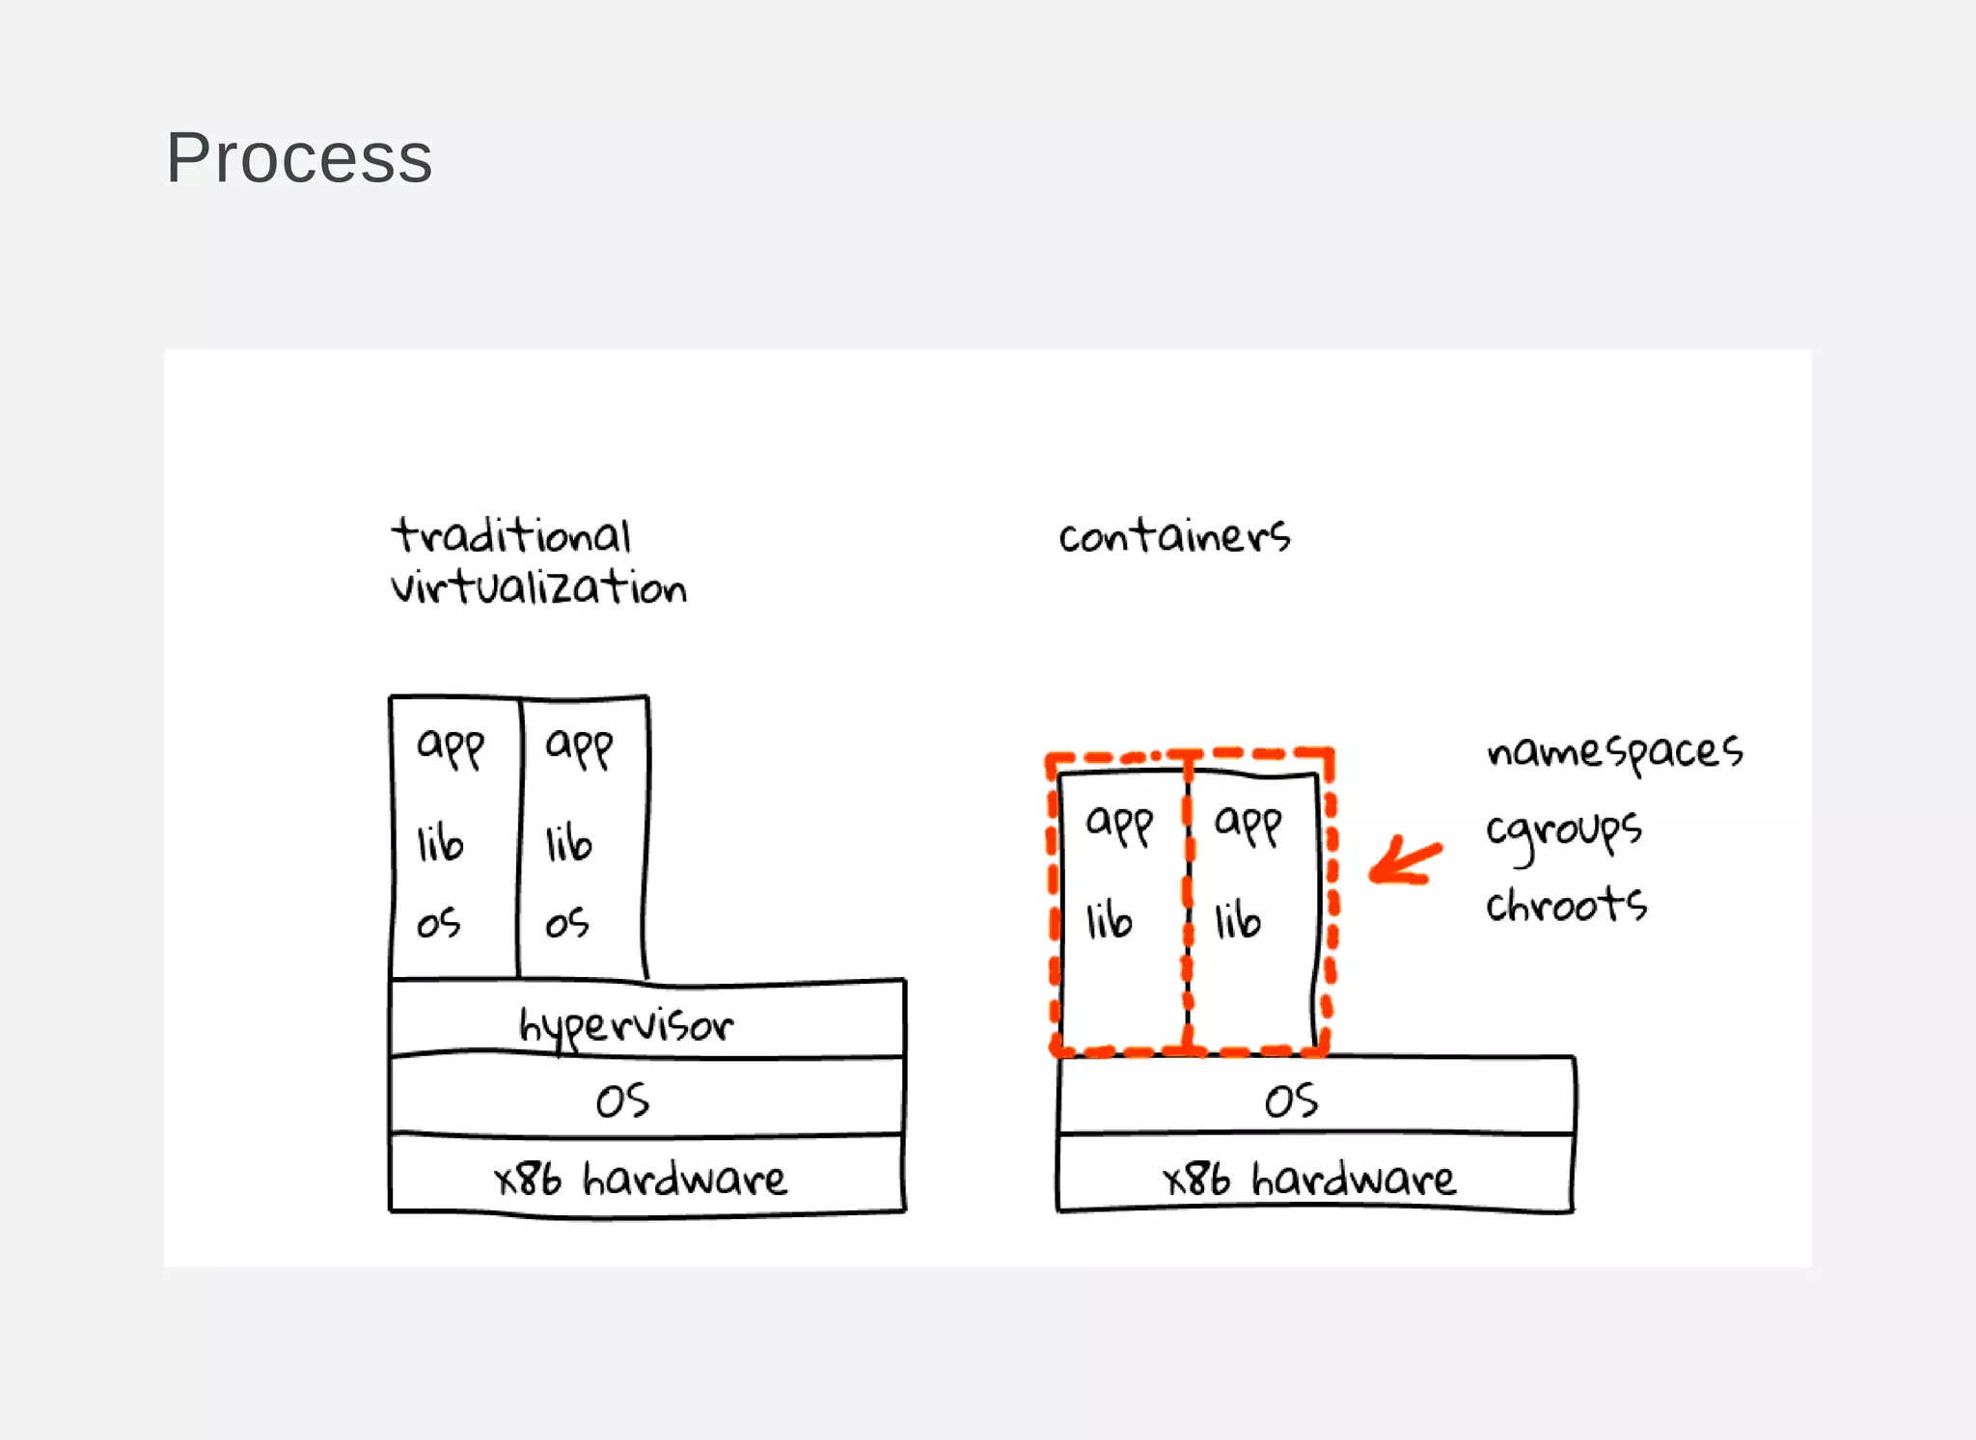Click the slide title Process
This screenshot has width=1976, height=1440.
pyautogui.click(x=299, y=157)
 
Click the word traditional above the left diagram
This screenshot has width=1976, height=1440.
pyautogui.click(x=510, y=535)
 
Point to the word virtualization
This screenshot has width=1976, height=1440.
pyautogui.click(x=538, y=587)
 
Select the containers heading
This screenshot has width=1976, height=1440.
pyautogui.click(x=1173, y=535)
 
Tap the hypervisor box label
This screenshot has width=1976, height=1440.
pyautogui.click(x=625, y=1024)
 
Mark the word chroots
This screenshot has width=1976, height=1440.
pyautogui.click(x=1566, y=905)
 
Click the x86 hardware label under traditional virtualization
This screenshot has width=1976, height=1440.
pyautogui.click(x=640, y=1178)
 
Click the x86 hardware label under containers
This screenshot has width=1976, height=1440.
pyautogui.click(x=1308, y=1178)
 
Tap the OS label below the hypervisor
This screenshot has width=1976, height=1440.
pyautogui.click(x=622, y=1100)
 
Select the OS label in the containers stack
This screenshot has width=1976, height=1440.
pyautogui.click(x=1291, y=1100)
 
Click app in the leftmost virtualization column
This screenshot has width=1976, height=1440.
pyautogui.click(x=450, y=747)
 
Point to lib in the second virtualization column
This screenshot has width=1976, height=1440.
pyautogui.click(x=568, y=843)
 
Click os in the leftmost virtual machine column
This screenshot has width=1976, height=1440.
pyautogui.click(x=438, y=923)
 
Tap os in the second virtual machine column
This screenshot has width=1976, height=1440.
pyautogui.click(x=566, y=923)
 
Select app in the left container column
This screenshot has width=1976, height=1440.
pyautogui.click(x=1119, y=824)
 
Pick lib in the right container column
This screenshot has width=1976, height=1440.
pyautogui.click(x=1237, y=920)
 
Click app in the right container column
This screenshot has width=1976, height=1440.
pyautogui.click(x=1248, y=824)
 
